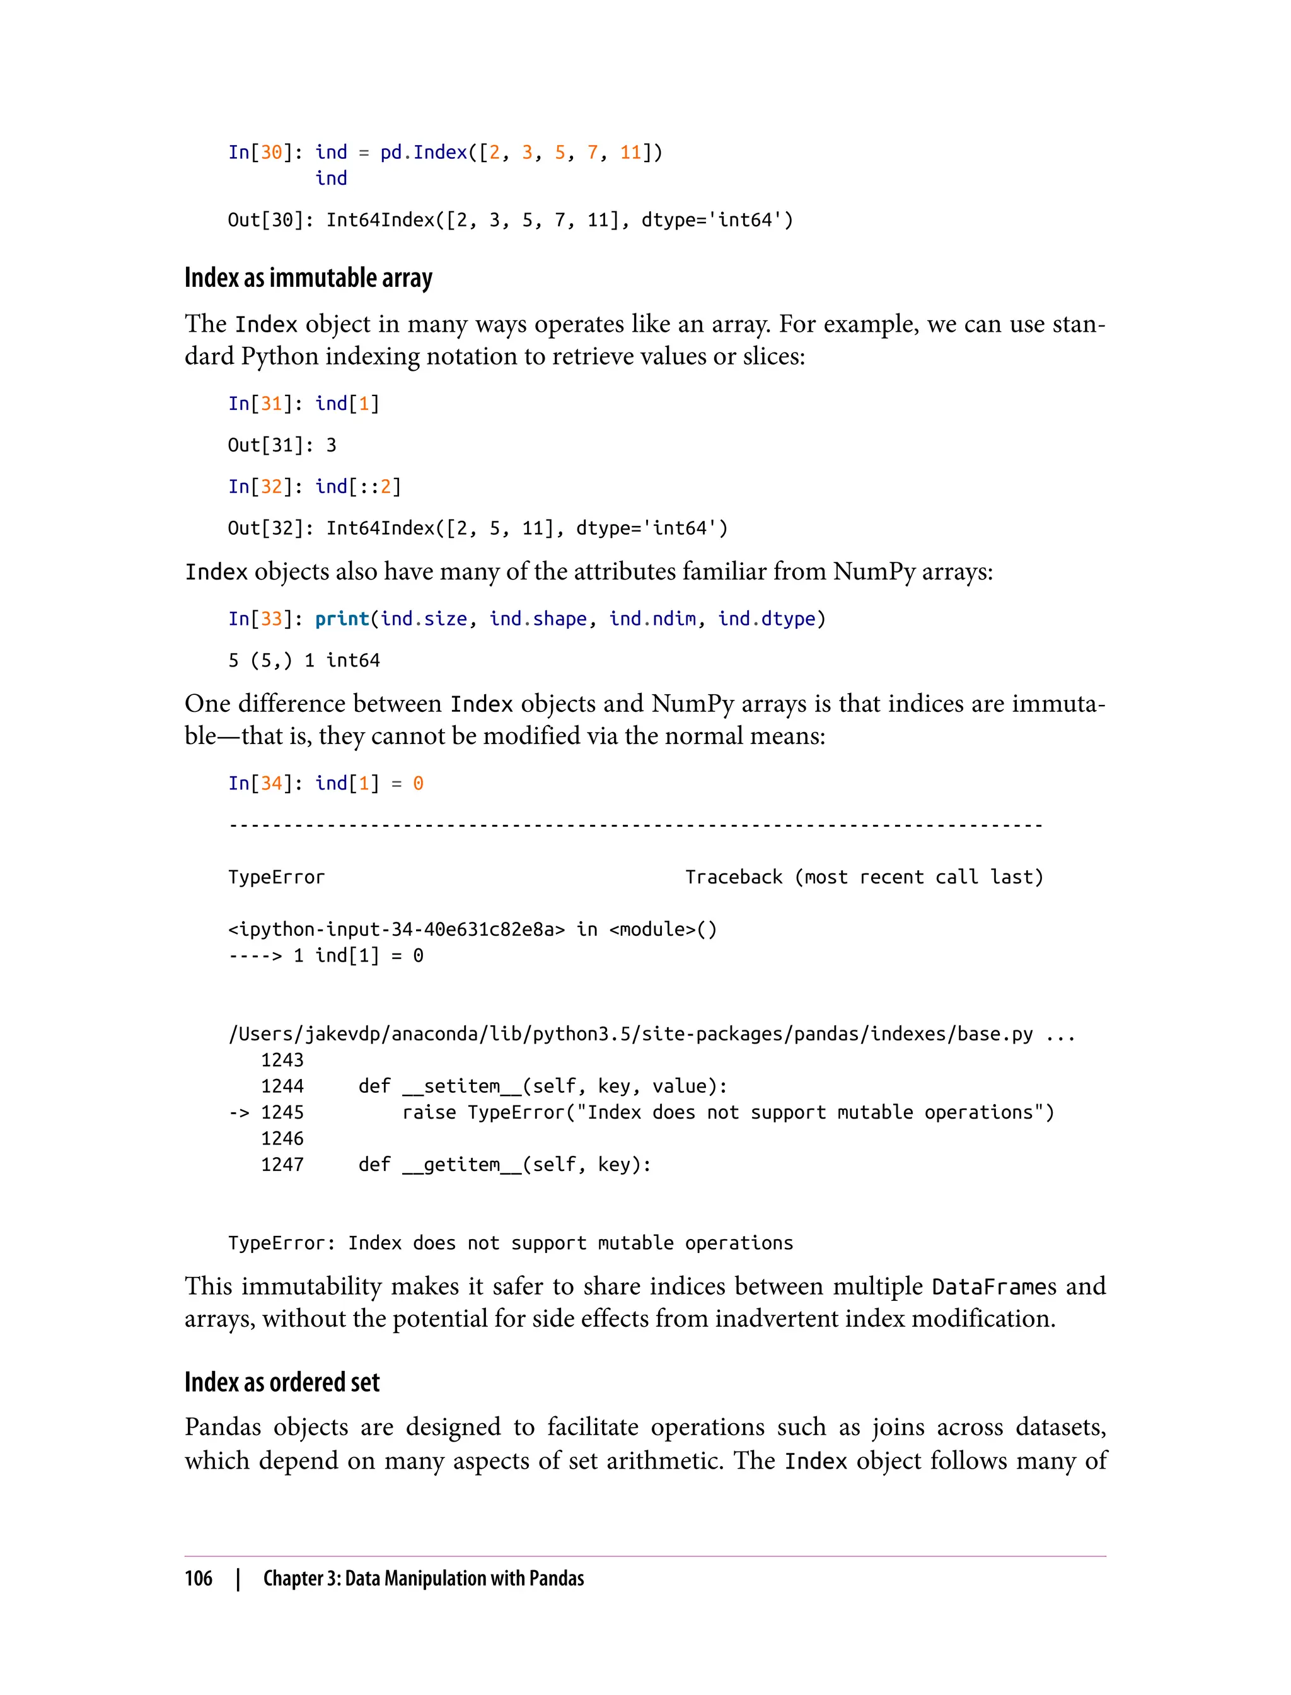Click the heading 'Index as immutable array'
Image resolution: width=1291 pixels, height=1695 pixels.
click(x=308, y=277)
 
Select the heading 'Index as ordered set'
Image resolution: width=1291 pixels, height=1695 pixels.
click(x=282, y=1382)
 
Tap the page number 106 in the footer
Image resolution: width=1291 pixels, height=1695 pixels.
click(x=199, y=1578)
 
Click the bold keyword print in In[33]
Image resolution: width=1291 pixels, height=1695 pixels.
click(x=342, y=619)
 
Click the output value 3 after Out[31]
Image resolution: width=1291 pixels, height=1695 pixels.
click(x=331, y=445)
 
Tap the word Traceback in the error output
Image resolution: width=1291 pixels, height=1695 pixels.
click(x=734, y=877)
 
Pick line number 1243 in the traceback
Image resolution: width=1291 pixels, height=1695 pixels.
click(x=282, y=1060)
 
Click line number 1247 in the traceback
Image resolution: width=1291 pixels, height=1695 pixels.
click(x=282, y=1165)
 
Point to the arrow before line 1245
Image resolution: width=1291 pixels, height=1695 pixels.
click(x=238, y=1112)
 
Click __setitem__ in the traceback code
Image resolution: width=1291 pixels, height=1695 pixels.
click(x=461, y=1086)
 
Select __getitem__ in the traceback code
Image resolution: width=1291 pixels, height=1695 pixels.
click(x=461, y=1165)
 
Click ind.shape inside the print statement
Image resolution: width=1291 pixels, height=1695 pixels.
click(x=538, y=619)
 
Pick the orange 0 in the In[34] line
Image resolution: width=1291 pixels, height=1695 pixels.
click(x=418, y=783)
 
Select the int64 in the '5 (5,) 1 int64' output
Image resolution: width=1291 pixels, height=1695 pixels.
click(x=353, y=660)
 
